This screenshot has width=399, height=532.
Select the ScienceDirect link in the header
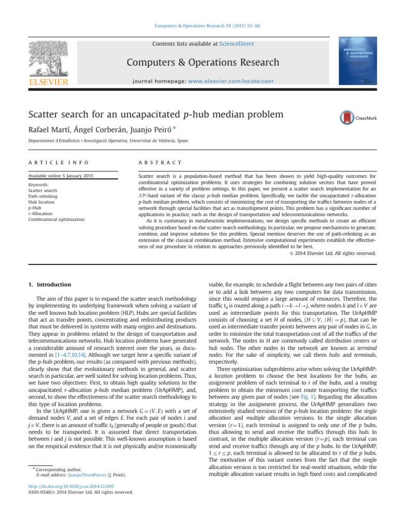236,44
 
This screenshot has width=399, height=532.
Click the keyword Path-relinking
41,196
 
